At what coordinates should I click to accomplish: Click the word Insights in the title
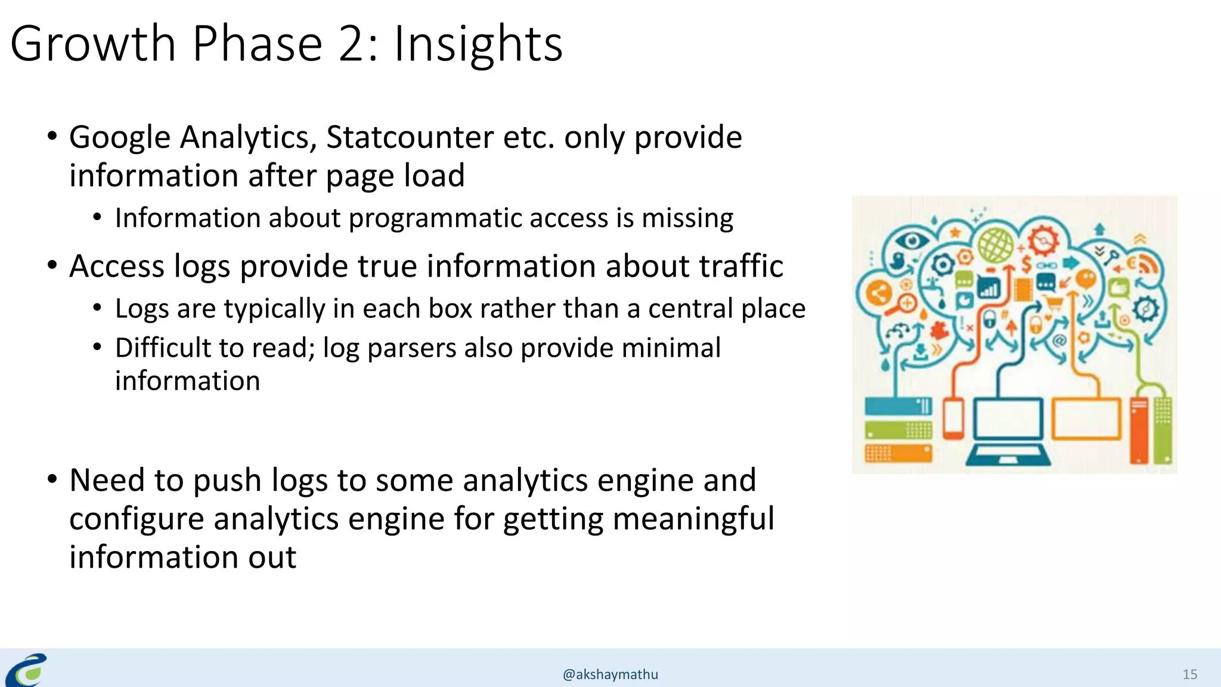pos(478,44)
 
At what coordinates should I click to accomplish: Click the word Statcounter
pos(409,137)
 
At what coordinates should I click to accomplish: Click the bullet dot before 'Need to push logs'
pos(52,479)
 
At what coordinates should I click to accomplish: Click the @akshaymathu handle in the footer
pos(610,674)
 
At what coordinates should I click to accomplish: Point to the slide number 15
pos(1189,674)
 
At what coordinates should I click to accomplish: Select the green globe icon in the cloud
pos(995,245)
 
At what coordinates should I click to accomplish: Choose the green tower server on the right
pos(1161,429)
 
